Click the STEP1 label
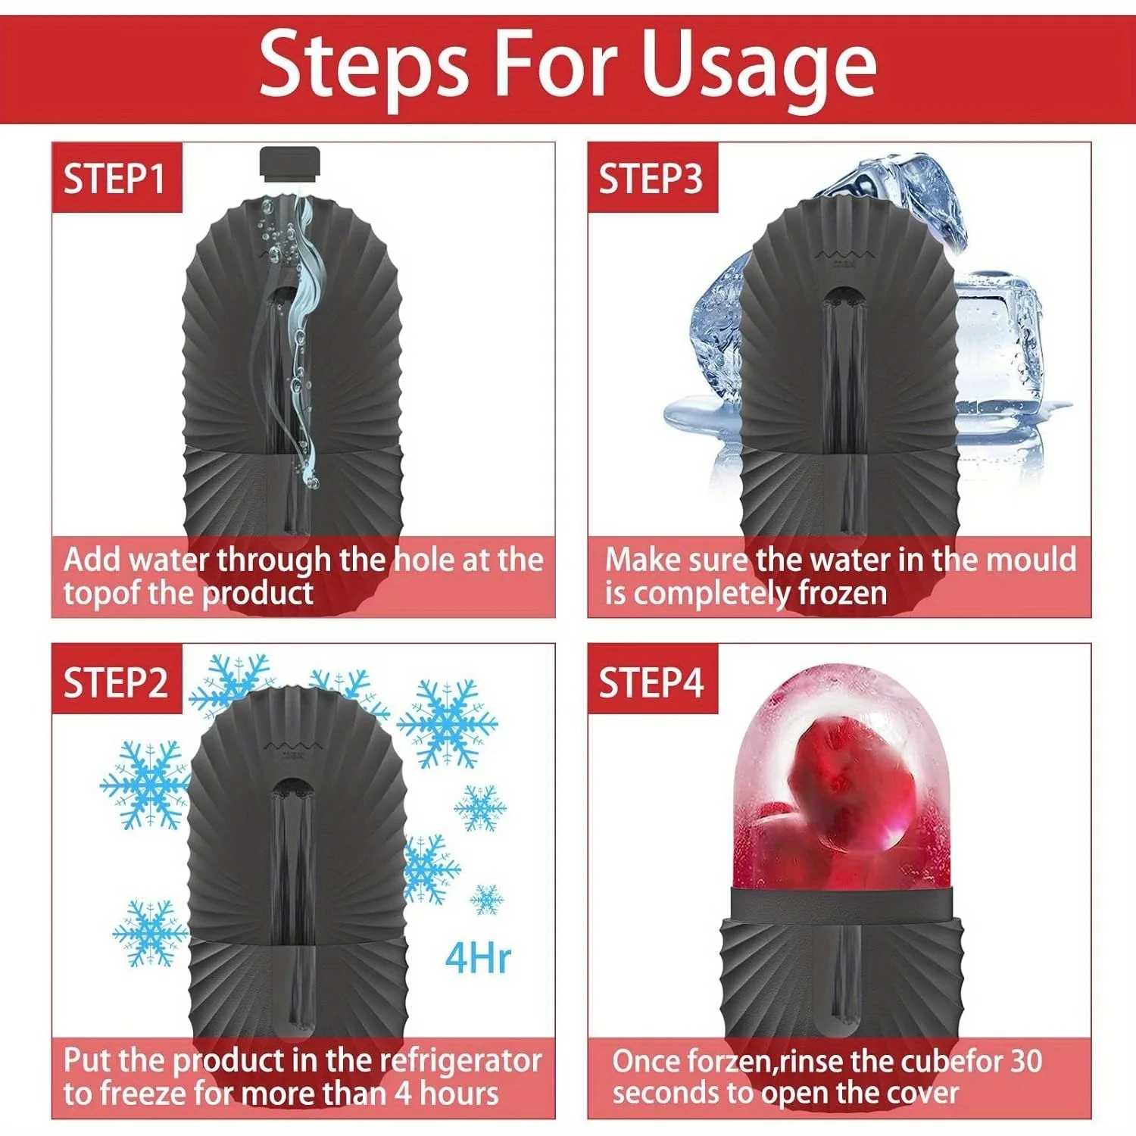point(114,179)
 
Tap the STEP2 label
point(115,682)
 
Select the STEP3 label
point(651,179)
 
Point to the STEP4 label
point(651,682)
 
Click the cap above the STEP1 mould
point(290,164)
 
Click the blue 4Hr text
point(477,958)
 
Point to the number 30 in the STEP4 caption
point(1026,1061)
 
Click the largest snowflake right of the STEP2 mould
point(448,724)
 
